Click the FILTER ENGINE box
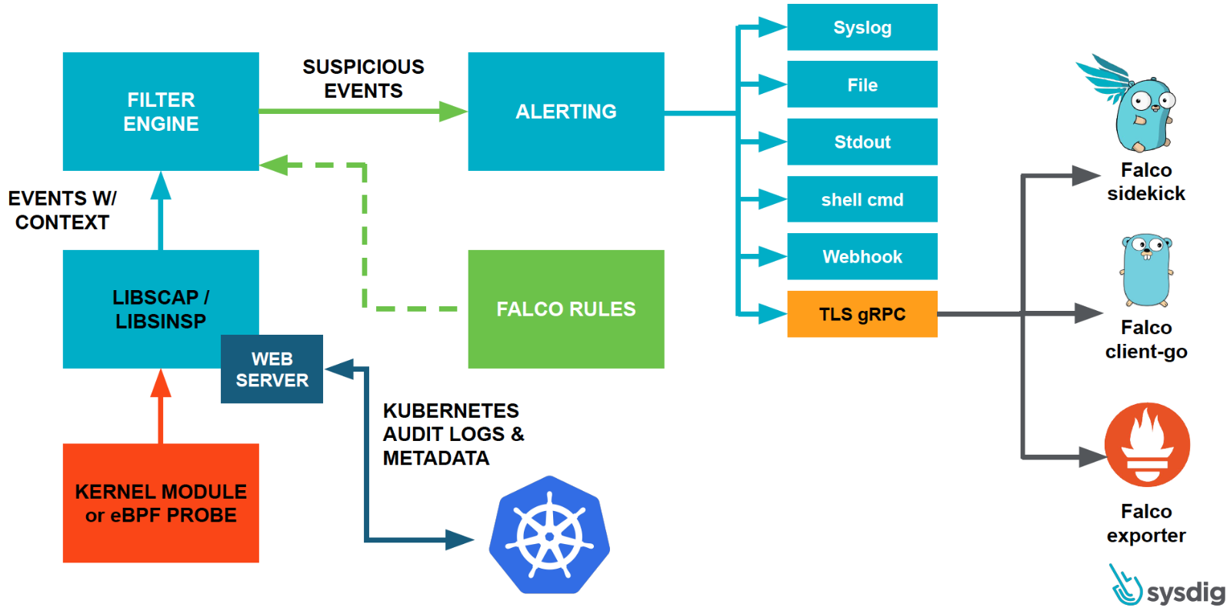pos(161,112)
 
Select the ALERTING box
pos(565,112)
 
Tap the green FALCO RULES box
pos(565,309)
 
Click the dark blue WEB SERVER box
pos(272,369)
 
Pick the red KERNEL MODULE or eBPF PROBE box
pos(161,503)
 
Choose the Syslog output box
pos(862,28)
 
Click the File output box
pos(862,85)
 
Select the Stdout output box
pos(862,142)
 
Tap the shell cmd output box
pos(862,199)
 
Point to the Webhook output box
pos(862,256)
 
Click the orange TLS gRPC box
pos(862,314)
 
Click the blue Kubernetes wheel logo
pos(549,536)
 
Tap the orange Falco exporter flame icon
pos(1147,445)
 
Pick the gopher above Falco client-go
pos(1146,269)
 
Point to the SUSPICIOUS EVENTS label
pos(363,78)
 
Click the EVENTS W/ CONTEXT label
pos(62,210)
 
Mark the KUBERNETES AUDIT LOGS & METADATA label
pos(453,434)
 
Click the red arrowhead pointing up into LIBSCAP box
pos(161,382)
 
